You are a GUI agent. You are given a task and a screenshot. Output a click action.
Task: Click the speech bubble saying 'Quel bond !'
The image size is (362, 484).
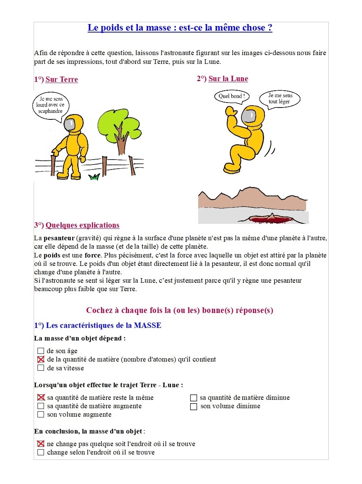coord(232,96)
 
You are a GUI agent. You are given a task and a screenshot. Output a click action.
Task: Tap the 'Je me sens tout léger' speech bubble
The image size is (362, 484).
coord(280,99)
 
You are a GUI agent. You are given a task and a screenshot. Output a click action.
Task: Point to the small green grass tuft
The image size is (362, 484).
coord(94,177)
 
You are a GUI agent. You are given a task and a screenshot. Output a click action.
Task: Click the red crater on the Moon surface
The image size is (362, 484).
coord(270,219)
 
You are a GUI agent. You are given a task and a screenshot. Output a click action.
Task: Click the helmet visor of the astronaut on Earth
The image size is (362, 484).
coord(70,124)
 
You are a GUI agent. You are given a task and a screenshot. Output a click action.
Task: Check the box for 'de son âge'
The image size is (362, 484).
coord(41,351)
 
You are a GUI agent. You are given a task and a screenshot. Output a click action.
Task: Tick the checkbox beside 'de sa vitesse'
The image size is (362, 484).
coord(41,368)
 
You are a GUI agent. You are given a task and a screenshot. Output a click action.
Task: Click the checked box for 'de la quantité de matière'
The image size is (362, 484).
coord(41,360)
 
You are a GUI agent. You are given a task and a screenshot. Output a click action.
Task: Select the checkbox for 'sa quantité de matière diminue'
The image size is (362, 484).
coord(194,398)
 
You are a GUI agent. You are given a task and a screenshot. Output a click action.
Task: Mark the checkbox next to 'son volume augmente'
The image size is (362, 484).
coord(41,415)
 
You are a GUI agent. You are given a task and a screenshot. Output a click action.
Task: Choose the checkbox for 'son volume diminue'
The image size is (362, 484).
coord(194,406)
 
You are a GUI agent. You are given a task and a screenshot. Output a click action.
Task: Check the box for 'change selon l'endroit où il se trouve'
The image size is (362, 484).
coord(41,453)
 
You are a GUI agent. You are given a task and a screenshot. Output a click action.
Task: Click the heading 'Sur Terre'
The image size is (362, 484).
coord(62,80)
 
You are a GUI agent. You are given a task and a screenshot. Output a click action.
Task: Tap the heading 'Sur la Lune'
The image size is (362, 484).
coord(228,79)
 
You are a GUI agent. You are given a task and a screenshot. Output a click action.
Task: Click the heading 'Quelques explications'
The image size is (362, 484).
coord(82,225)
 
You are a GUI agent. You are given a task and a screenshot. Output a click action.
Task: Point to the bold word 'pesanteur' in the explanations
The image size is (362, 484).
coord(59,238)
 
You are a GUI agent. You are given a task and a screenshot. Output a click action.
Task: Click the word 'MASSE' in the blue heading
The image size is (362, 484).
coord(147,326)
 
